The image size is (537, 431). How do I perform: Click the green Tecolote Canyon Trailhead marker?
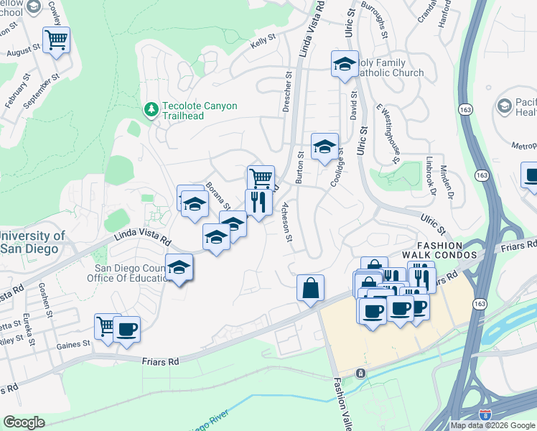(x=151, y=110)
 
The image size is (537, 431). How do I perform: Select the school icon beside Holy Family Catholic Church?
(x=345, y=64)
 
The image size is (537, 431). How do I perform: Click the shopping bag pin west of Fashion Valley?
(x=310, y=288)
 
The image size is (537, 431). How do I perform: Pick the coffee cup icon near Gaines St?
(x=126, y=329)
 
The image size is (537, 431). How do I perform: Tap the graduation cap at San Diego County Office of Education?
(x=179, y=269)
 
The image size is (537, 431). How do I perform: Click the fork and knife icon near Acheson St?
(x=258, y=202)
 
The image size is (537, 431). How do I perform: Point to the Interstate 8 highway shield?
(x=486, y=414)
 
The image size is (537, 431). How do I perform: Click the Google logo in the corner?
(x=24, y=422)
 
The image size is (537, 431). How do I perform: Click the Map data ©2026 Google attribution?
(x=492, y=425)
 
